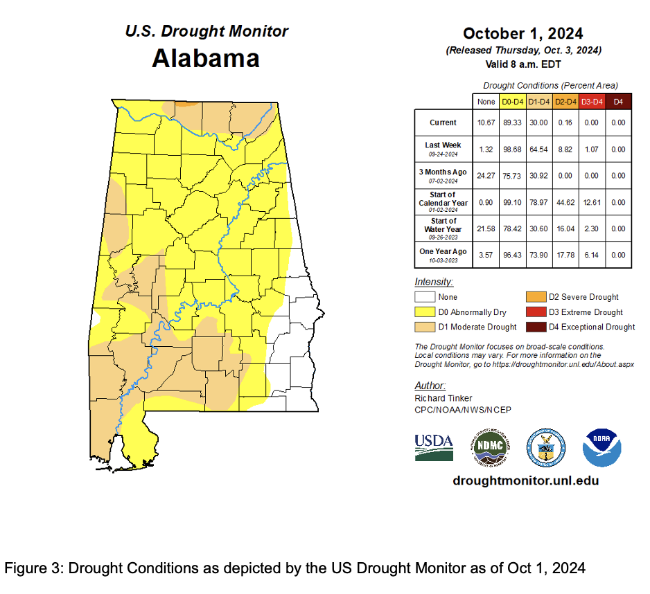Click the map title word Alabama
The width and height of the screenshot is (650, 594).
[x=206, y=59]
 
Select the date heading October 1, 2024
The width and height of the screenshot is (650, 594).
[x=522, y=33]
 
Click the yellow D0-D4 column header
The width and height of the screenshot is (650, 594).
[x=511, y=102]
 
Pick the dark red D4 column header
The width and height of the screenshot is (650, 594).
[x=618, y=102]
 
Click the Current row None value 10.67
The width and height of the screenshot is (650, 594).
[x=486, y=123]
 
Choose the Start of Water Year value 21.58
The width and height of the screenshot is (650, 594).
[x=486, y=228]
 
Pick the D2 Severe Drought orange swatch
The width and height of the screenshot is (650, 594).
[x=535, y=297]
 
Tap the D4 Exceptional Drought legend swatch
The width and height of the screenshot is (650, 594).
[x=535, y=327]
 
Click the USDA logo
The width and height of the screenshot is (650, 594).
[x=434, y=447]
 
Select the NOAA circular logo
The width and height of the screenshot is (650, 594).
[x=601, y=447]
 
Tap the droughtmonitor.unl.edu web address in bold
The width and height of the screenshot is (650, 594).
[x=525, y=480]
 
